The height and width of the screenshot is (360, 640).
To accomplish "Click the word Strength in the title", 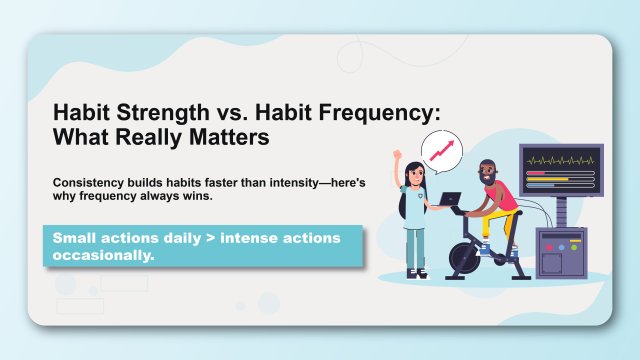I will (139, 113).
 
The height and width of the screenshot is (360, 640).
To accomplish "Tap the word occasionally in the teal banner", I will (100, 255).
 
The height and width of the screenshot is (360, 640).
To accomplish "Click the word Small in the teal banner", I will (73, 238).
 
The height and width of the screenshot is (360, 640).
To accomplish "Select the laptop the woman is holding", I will (450, 201).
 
